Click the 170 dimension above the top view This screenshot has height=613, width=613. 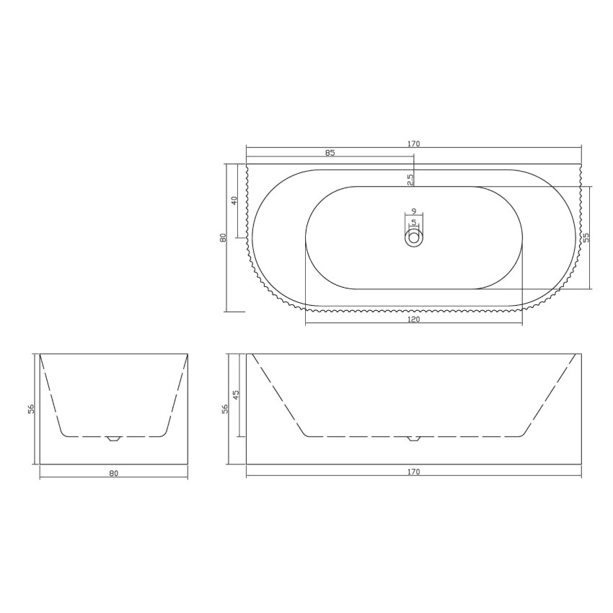click(413, 144)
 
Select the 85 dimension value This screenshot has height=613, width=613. click(330, 153)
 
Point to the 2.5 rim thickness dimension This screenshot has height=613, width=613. click(410, 180)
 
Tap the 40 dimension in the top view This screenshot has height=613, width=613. click(234, 200)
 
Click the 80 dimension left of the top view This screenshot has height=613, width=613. click(224, 237)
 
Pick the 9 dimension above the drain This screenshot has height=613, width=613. click(413, 211)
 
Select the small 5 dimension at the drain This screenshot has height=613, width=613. click(413, 222)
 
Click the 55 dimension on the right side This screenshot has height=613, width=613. click(586, 237)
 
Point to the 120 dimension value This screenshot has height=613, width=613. click(413, 318)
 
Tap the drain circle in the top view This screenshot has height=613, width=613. click(414, 237)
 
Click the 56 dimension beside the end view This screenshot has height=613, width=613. click(31, 408)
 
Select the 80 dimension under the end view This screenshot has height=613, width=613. click(113, 474)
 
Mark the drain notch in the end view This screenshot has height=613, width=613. click(113, 438)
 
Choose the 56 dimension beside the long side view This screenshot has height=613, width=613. click(224, 408)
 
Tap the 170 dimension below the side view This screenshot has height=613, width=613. click(413, 473)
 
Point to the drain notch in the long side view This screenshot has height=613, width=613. click(413, 438)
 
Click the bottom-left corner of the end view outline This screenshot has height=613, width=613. click(40, 464)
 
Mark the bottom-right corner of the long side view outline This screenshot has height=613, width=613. click(581, 464)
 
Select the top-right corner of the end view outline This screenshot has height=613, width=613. click(188, 354)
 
